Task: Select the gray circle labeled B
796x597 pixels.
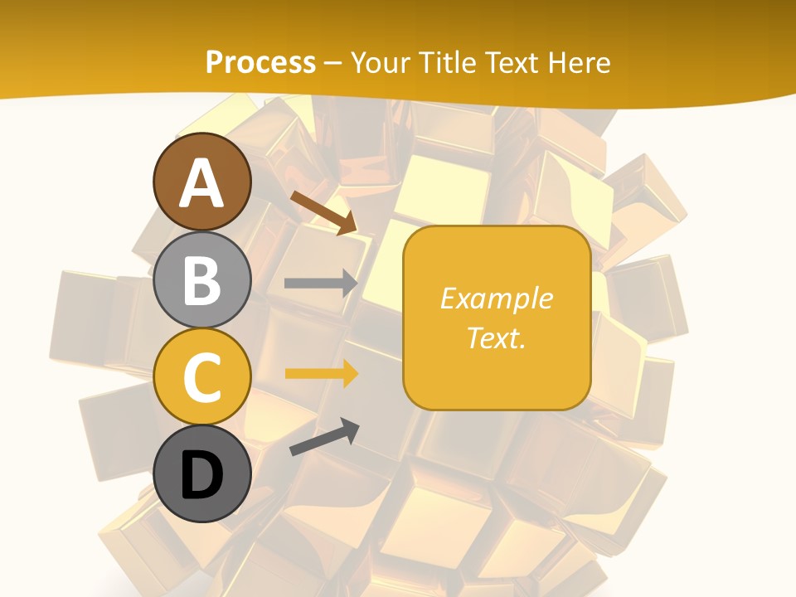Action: tap(201, 279)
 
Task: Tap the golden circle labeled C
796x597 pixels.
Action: tap(201, 376)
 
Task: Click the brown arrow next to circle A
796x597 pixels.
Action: tap(323, 212)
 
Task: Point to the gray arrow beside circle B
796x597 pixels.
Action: tap(321, 283)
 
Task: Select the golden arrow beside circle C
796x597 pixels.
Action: tap(321, 374)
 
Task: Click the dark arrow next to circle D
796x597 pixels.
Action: tap(324, 437)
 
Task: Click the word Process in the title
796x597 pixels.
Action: tap(260, 63)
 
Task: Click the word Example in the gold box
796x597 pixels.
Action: tap(496, 298)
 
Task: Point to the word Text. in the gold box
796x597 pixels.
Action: tap(496, 337)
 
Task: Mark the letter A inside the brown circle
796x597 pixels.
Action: tap(201, 183)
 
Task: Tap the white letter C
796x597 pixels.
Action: tap(201, 378)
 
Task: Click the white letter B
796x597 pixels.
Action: tap(201, 280)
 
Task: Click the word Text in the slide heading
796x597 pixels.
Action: tap(512, 63)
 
